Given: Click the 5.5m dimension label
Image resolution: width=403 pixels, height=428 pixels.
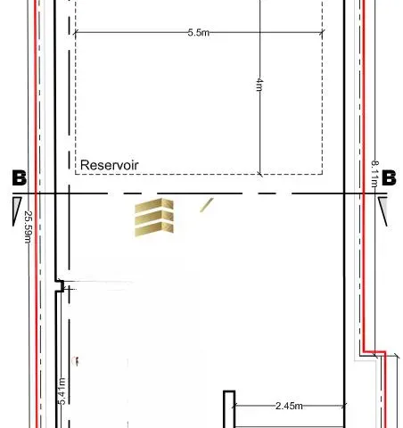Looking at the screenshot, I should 198,33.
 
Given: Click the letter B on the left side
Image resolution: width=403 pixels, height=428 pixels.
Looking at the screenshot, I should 18,178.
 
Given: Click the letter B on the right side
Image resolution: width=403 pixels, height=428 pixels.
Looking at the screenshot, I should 389,178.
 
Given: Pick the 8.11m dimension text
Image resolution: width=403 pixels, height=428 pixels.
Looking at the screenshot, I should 374,173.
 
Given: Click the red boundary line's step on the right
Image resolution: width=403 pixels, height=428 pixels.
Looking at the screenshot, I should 373,350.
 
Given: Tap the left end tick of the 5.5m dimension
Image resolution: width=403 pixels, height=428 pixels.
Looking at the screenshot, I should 75,33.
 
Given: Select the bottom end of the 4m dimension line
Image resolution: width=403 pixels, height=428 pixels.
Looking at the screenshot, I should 259,174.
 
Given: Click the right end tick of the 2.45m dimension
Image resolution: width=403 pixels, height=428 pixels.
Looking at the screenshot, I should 343,407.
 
